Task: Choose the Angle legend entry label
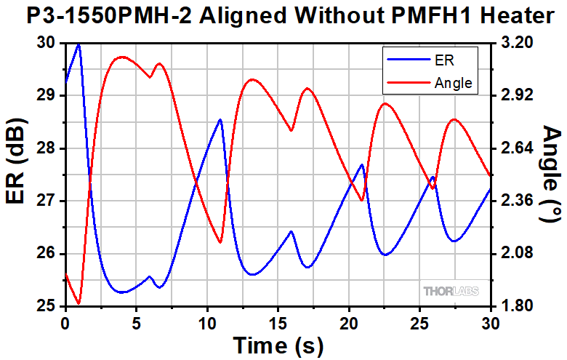(x=453, y=83)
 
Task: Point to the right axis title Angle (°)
(x=551, y=175)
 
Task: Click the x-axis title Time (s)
(x=277, y=345)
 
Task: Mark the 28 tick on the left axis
(x=52, y=148)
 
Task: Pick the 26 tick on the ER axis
(x=52, y=254)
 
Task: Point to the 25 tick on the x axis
(x=420, y=321)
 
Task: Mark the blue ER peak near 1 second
(x=79, y=44)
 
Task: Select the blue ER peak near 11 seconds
(x=220, y=119)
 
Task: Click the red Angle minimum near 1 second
(x=79, y=303)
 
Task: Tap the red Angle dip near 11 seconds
(x=220, y=242)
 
